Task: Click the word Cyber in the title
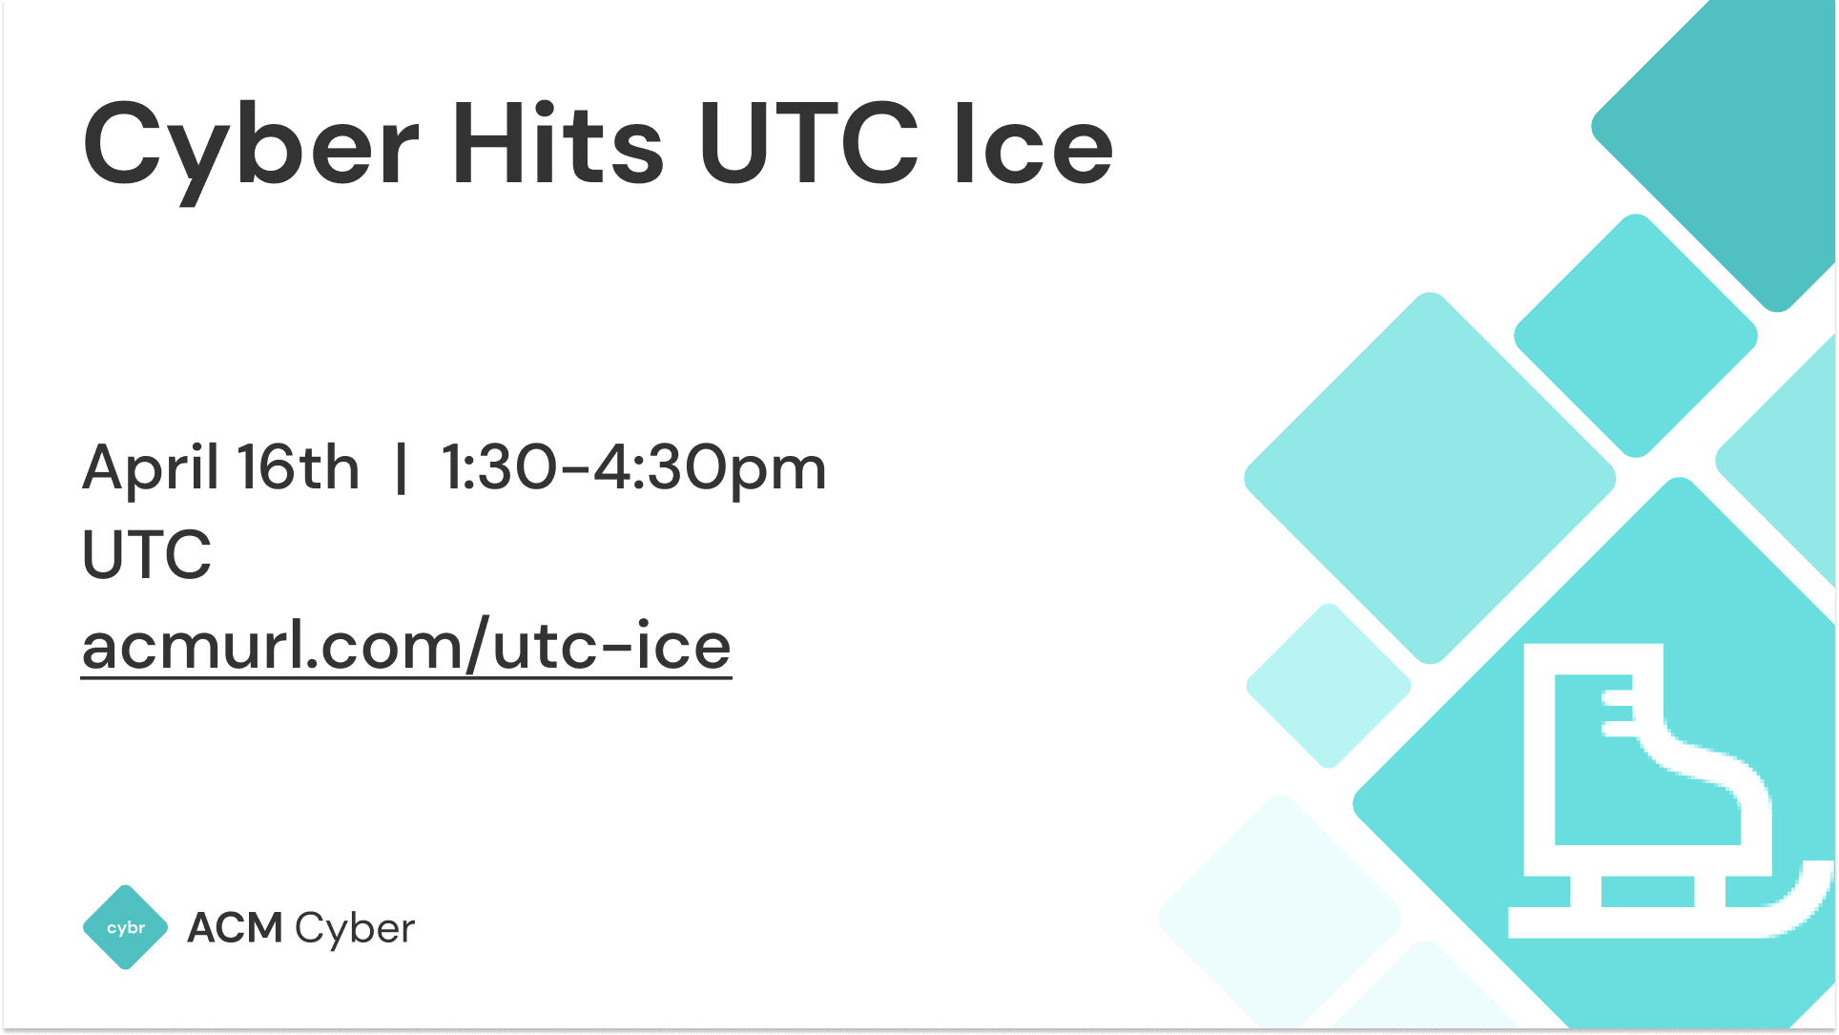[250, 145]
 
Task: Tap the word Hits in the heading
[557, 145]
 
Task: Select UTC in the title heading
[809, 145]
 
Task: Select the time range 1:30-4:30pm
[633, 469]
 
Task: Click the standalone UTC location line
[147, 554]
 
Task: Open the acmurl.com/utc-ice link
[406, 647]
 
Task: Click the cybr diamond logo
[126, 927]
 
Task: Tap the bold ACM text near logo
[235, 927]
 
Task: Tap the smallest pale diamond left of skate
[1328, 685]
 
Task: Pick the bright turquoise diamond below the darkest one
[1636, 336]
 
